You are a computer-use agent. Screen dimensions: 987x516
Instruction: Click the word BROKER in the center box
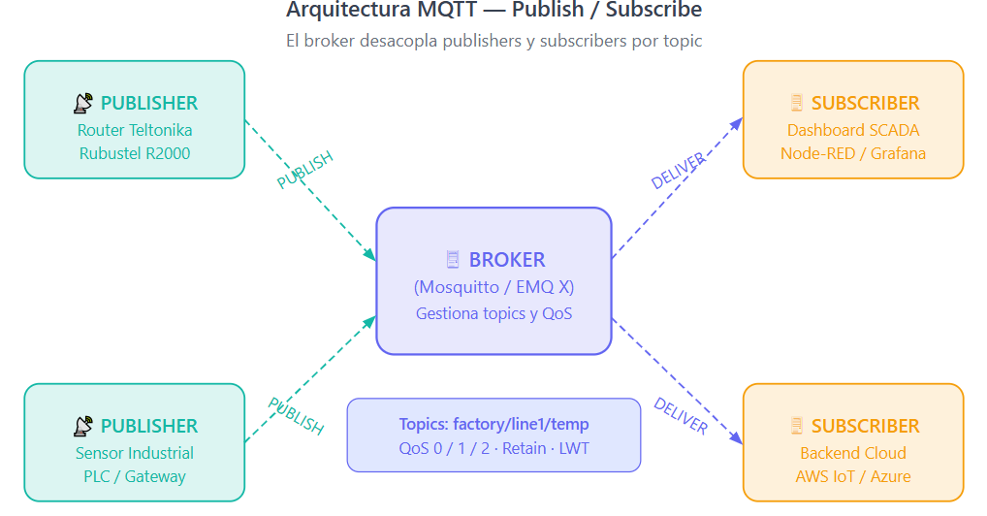pyautogui.click(x=507, y=260)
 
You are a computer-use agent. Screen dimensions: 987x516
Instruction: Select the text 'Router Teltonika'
pyautogui.click(x=135, y=130)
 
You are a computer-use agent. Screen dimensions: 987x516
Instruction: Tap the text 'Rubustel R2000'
pyautogui.click(x=135, y=153)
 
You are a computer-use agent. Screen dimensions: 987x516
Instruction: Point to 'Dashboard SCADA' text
pyautogui.click(x=853, y=130)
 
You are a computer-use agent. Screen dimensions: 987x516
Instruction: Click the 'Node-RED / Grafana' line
pyautogui.click(x=853, y=153)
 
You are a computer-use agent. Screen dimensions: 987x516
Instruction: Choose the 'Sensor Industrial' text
pyautogui.click(x=135, y=453)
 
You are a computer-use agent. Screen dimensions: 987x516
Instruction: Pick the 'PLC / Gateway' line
pyautogui.click(x=135, y=477)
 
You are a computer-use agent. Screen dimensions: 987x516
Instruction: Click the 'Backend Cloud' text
pyautogui.click(x=853, y=453)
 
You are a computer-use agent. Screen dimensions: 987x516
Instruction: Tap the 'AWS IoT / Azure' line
pyautogui.click(x=853, y=477)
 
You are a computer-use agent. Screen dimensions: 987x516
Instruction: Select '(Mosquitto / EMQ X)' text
pyautogui.click(x=494, y=287)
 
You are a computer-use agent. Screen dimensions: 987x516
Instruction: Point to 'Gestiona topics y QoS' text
pyautogui.click(x=494, y=313)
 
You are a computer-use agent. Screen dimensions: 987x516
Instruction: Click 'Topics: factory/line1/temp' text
pyautogui.click(x=494, y=424)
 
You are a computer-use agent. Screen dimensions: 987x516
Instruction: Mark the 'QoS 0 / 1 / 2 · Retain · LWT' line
pyautogui.click(x=494, y=448)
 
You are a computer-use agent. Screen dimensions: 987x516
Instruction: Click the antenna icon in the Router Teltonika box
pyautogui.click(x=83, y=104)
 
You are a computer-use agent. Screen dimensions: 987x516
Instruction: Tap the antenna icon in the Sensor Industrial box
pyautogui.click(x=83, y=427)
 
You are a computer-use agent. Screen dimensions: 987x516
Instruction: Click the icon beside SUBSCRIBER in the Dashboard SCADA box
pyautogui.click(x=797, y=103)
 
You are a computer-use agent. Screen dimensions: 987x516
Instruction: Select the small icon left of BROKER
pyautogui.click(x=453, y=260)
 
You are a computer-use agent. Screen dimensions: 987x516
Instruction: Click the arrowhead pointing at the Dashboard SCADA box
pyautogui.click(x=737, y=123)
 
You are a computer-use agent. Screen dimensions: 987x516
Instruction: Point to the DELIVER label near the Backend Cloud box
pyautogui.click(x=681, y=416)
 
